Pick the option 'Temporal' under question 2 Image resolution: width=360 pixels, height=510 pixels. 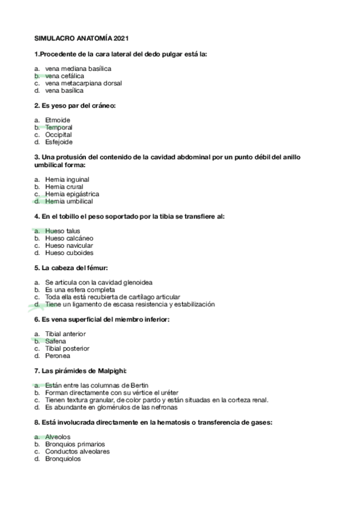point(58,127)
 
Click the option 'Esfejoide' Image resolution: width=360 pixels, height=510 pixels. point(58,143)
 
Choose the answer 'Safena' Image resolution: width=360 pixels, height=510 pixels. point(55,341)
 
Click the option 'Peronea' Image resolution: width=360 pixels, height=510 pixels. point(57,355)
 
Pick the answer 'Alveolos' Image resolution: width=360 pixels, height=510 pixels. point(58,437)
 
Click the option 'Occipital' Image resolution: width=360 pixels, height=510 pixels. point(58,135)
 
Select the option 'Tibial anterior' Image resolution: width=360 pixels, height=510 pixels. point(65,334)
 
